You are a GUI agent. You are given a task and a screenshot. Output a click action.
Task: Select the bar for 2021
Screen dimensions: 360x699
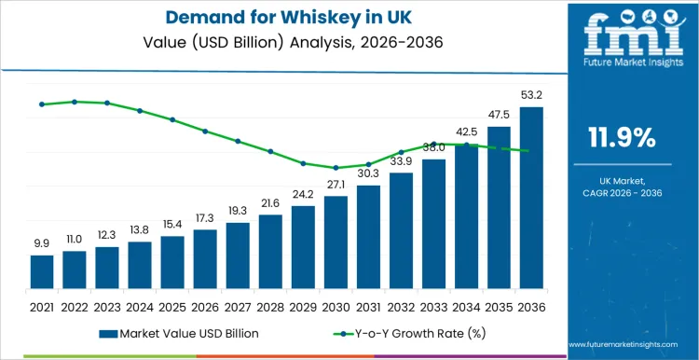click(x=41, y=271)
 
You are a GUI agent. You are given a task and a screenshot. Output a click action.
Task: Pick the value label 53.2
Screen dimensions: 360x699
click(x=530, y=94)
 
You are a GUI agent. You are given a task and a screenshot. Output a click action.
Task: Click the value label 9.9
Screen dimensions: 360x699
click(x=41, y=242)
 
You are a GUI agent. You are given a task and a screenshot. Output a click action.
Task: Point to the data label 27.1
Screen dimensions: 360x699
click(x=336, y=185)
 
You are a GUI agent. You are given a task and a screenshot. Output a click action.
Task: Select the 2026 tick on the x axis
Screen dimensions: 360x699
click(x=205, y=306)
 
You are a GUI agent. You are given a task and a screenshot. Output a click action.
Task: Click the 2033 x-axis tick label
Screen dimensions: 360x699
click(x=433, y=306)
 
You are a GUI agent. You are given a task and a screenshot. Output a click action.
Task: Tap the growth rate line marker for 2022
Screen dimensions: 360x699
click(x=75, y=102)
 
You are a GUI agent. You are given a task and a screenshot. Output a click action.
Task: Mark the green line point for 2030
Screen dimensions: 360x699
click(x=336, y=168)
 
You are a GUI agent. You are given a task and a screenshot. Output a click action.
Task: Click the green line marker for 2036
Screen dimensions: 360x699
click(x=530, y=151)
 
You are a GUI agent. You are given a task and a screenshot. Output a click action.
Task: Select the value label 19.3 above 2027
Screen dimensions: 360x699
click(x=238, y=211)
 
